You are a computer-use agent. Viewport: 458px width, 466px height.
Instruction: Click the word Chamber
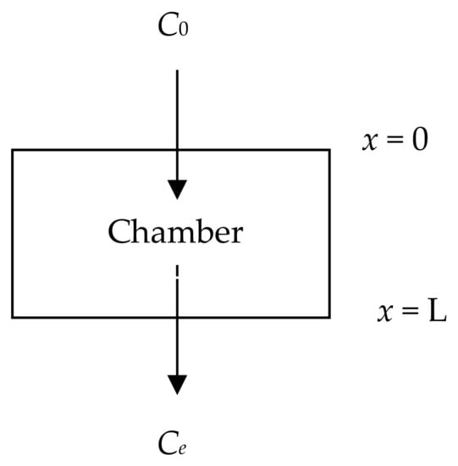(175, 231)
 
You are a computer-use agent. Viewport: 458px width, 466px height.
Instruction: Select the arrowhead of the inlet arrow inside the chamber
(176, 188)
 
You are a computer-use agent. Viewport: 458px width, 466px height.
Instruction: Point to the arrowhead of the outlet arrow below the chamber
(176, 384)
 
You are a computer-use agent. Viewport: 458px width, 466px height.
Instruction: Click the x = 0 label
(395, 140)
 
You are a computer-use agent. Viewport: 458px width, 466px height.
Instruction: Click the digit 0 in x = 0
(421, 140)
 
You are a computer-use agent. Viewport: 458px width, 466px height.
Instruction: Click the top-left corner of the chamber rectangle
(13, 151)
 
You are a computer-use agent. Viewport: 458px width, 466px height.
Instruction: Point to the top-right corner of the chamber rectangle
(329, 151)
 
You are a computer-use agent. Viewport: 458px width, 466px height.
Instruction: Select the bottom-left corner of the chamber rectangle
(13, 317)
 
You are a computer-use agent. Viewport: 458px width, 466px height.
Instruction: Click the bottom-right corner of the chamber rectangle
(329, 317)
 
